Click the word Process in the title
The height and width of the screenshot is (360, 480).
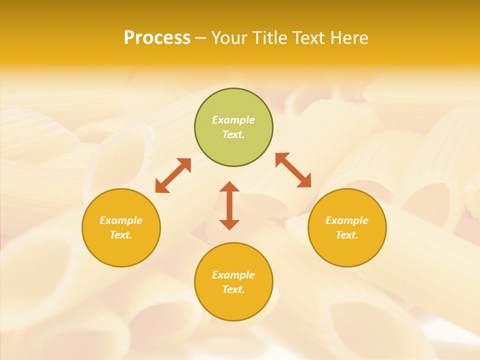tap(157, 38)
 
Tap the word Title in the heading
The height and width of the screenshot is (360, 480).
tap(270, 38)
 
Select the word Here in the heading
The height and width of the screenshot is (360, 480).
tap(349, 38)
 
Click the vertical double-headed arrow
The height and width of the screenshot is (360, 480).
tap(229, 206)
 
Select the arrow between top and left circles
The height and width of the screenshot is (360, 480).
tap(173, 175)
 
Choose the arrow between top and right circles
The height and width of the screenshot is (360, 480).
tap(293, 170)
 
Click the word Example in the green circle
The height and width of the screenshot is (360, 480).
tap(233, 120)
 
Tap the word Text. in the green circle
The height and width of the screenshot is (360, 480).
tap(233, 134)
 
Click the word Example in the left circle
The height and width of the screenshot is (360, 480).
tap(121, 220)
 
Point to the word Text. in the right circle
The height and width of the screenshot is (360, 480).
tap(347, 235)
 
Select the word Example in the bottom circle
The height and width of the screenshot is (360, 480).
tap(233, 275)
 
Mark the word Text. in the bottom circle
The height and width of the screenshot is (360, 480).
tap(233, 289)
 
